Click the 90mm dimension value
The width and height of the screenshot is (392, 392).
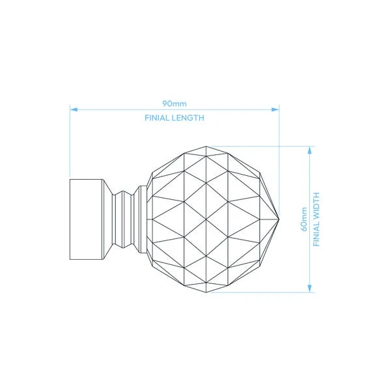(x=175, y=103)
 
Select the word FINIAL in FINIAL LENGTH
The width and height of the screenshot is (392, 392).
(x=158, y=119)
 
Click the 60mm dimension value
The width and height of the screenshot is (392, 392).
(x=303, y=218)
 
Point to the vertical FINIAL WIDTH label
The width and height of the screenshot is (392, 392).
(x=317, y=218)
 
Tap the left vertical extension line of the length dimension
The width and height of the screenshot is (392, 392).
(x=70, y=143)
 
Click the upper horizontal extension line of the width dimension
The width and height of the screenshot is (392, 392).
(x=260, y=146)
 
